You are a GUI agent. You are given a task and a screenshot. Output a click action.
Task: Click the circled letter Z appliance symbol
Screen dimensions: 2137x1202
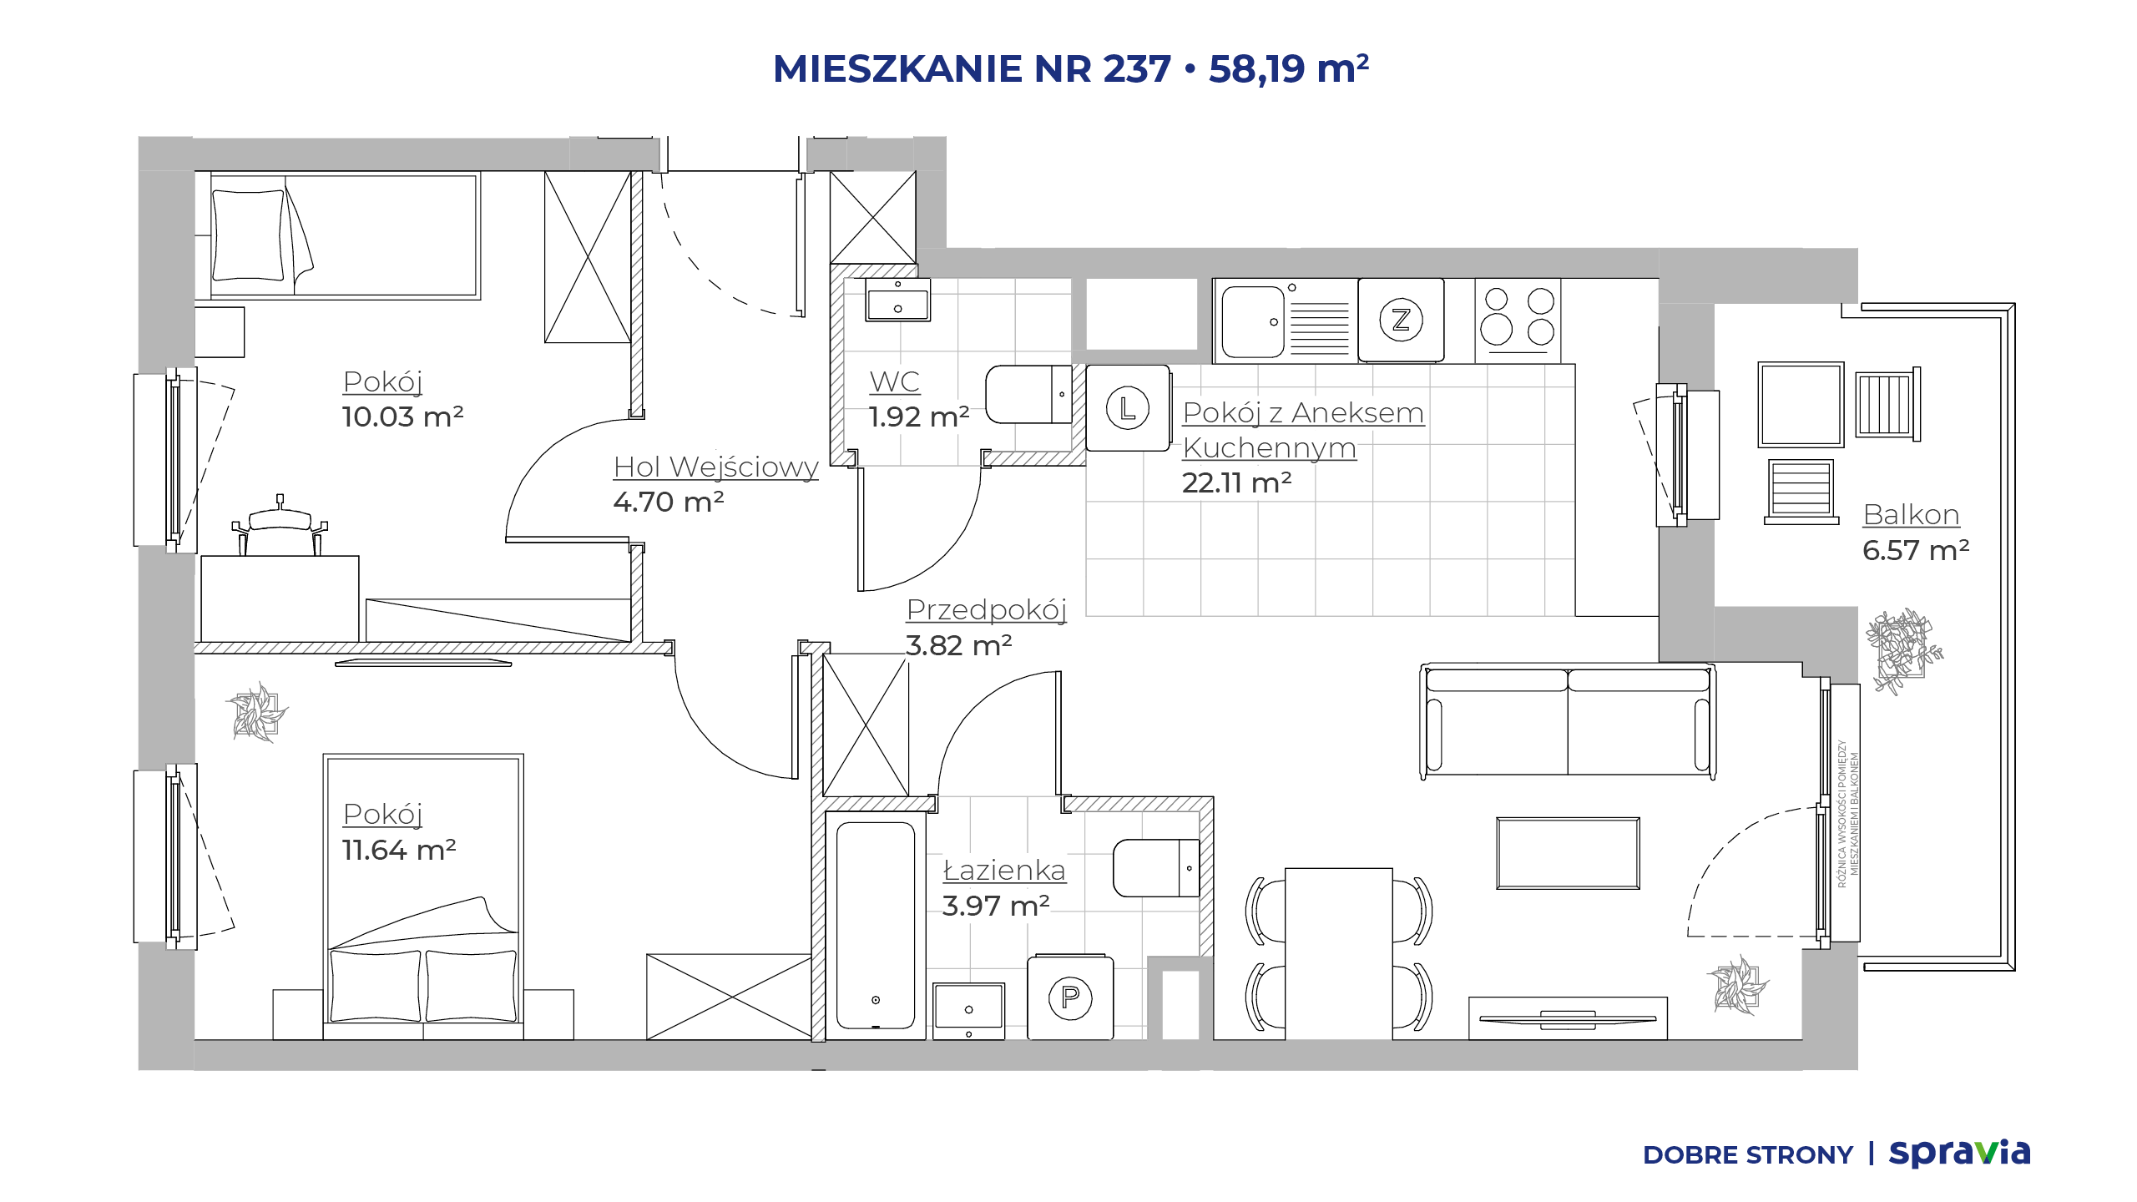pyautogui.click(x=1401, y=320)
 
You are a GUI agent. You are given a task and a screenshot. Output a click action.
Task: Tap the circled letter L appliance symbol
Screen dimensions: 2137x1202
pyautogui.click(x=1128, y=408)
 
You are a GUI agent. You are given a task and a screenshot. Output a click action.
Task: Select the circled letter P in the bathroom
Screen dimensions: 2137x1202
pyautogui.click(x=1070, y=997)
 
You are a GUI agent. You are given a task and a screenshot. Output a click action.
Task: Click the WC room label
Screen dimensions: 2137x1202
pyautogui.click(x=894, y=381)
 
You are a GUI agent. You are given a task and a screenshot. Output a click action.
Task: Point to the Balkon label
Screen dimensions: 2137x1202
pyautogui.click(x=1911, y=514)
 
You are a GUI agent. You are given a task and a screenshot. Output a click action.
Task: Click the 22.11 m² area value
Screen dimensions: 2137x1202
pyautogui.click(x=1236, y=482)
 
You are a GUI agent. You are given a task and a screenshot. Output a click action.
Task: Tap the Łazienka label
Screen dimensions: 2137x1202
pyautogui.click(x=1004, y=870)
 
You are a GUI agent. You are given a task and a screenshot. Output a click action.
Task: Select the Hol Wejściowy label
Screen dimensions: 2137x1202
pyautogui.click(x=715, y=467)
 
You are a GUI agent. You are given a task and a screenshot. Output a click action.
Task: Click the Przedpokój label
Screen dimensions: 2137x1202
pyautogui.click(x=987, y=610)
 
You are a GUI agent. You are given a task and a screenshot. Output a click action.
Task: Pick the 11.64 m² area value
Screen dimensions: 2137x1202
pyautogui.click(x=399, y=850)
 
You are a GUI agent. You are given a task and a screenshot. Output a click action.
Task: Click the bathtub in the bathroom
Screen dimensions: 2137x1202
pyautogui.click(x=876, y=925)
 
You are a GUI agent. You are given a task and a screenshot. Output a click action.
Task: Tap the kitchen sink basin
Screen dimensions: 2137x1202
pyautogui.click(x=1252, y=321)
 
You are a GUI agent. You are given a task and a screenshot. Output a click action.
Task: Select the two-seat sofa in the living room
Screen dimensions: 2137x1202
pyautogui.click(x=1568, y=721)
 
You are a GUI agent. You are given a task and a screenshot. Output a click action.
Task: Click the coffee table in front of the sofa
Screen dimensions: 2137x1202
pyautogui.click(x=1568, y=853)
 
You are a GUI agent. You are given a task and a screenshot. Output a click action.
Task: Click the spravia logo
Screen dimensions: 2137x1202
pyautogui.click(x=1959, y=1154)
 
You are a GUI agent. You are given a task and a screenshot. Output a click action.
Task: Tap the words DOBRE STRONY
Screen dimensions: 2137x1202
pyautogui.click(x=1747, y=1155)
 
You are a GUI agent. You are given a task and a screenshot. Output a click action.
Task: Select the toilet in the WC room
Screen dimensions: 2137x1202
pyautogui.click(x=1028, y=394)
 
